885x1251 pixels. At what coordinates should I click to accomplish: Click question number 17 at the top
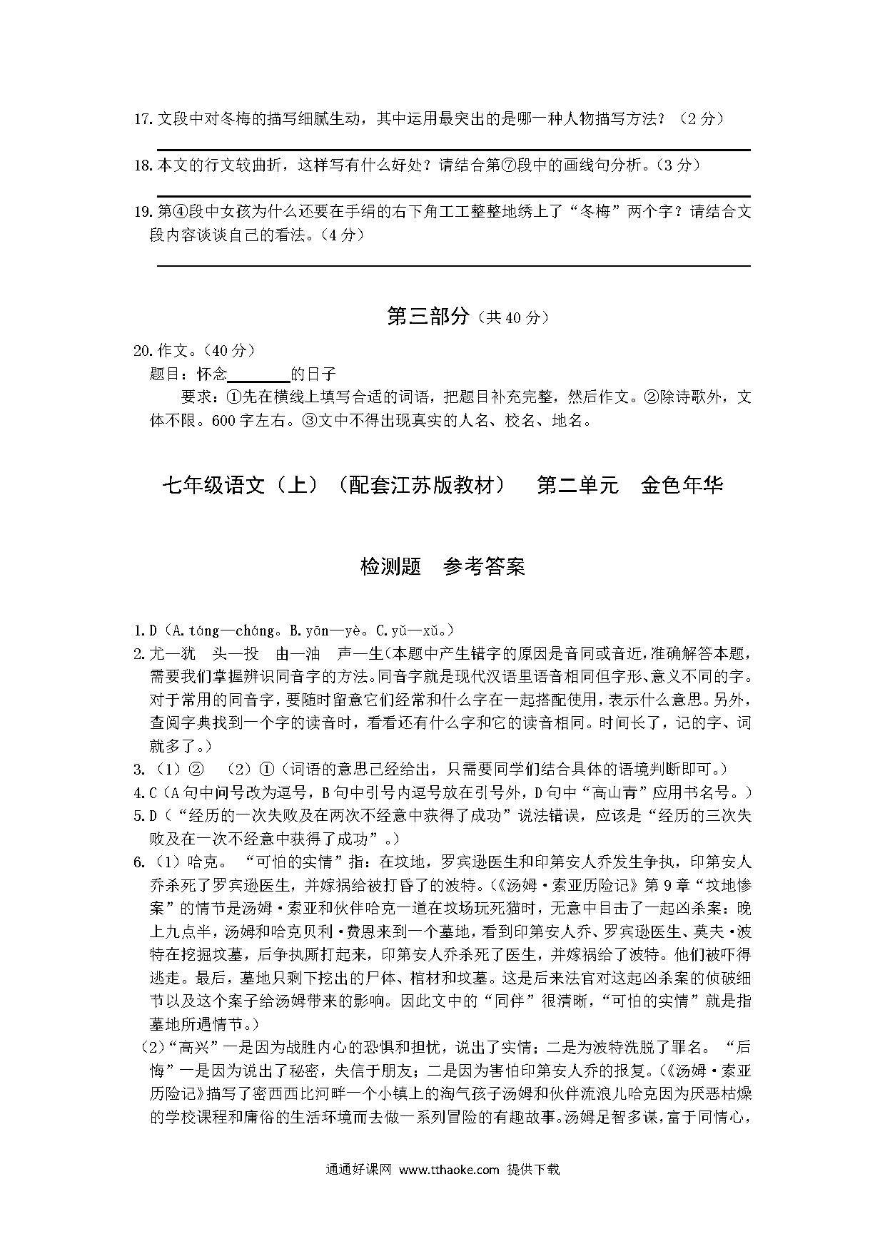(143, 119)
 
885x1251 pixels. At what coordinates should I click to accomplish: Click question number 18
(143, 165)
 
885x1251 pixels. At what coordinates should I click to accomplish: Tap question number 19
(143, 212)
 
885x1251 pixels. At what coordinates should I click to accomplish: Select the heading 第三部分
(428, 316)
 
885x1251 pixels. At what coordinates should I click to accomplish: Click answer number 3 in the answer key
(140, 769)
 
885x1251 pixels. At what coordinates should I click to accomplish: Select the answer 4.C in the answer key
(145, 792)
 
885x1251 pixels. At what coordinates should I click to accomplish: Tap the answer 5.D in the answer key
(145, 815)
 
